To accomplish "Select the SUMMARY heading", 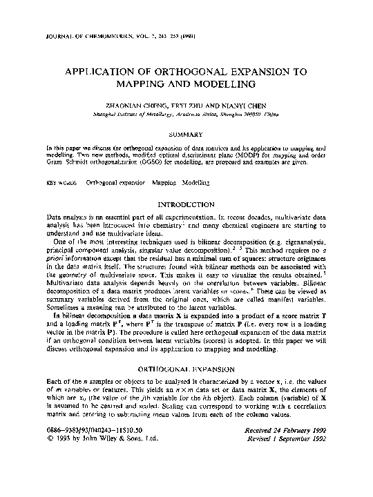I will click(x=186, y=134).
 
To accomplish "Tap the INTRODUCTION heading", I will click(x=186, y=205).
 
